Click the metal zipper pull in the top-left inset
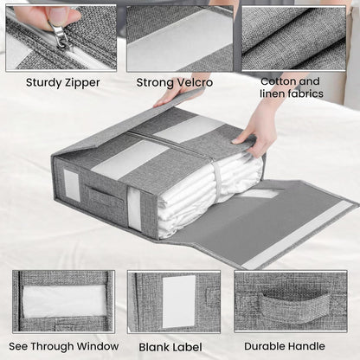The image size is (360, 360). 60,35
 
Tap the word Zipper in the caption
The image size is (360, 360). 82,83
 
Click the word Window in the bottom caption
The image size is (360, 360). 98,346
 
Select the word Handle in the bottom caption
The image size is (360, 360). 306,346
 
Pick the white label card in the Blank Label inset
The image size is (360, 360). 179,301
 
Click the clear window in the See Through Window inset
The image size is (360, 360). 64,301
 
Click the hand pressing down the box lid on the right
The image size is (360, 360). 252,132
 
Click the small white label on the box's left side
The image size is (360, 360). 72,185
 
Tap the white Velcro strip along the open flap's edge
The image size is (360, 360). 298,235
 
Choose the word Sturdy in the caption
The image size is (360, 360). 43,82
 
